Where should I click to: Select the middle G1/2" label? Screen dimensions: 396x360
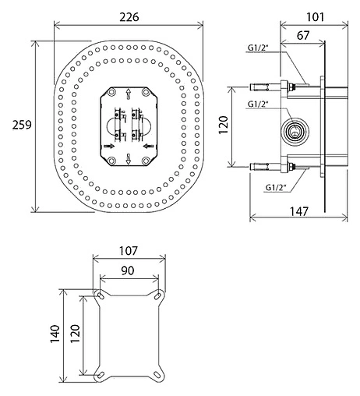(x=257, y=104)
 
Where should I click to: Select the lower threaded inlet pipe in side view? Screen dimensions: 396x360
(x=269, y=165)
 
